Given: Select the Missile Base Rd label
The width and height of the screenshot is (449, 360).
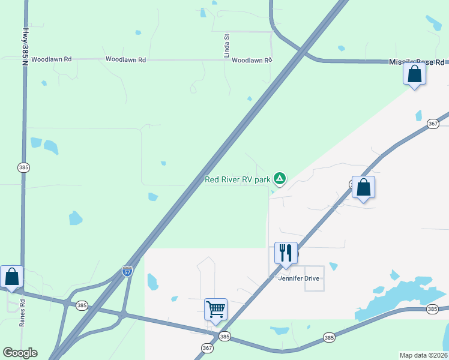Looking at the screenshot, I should [417, 62].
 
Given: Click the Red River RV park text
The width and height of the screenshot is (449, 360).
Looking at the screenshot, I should [237, 179].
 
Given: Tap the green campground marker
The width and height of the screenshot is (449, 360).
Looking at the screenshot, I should [279, 178].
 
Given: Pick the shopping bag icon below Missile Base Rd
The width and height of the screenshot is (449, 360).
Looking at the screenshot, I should [414, 74].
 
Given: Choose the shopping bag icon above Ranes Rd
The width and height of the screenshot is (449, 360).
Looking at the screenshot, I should [11, 277].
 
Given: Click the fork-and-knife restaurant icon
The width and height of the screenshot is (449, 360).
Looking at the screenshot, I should [286, 253].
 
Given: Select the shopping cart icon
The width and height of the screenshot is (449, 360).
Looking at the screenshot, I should [215, 310].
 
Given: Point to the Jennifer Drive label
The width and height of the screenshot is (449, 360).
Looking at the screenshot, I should [299, 278].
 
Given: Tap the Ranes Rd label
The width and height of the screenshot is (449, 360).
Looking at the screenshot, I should [22, 312].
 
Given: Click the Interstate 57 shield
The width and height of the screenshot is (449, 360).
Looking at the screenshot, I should [127, 271].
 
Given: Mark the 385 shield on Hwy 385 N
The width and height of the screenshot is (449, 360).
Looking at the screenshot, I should [23, 167].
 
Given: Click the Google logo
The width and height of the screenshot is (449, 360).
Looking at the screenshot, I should [20, 353].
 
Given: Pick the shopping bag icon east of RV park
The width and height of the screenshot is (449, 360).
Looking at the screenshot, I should [363, 188].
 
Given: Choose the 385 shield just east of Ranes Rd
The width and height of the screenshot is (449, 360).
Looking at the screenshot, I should [82, 305].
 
